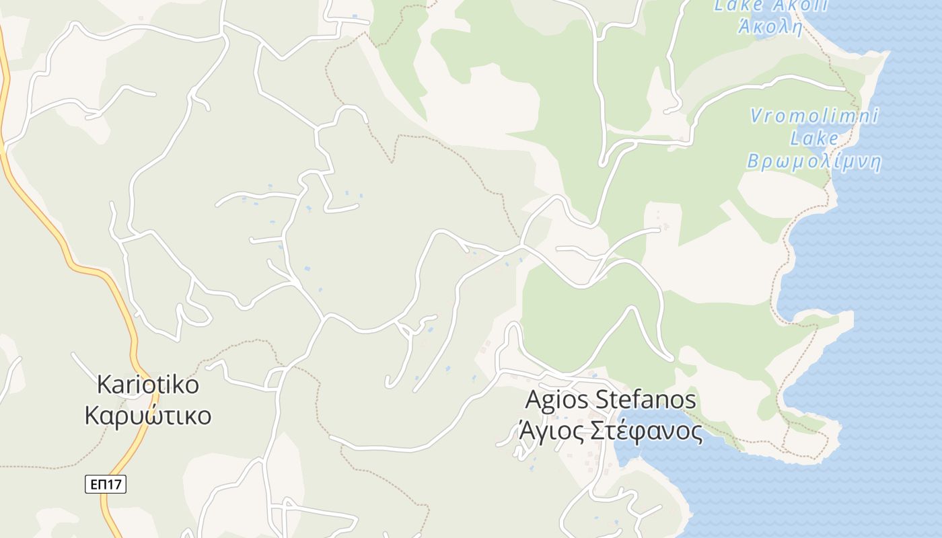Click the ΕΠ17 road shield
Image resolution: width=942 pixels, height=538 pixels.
pyautogui.click(x=106, y=484)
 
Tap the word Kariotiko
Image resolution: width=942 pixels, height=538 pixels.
pyautogui.click(x=148, y=385)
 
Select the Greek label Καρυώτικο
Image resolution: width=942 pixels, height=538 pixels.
pyautogui.click(x=148, y=416)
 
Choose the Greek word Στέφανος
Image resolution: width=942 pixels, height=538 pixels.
pyautogui.click(x=647, y=431)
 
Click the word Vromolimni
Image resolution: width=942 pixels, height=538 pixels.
pyautogui.click(x=814, y=116)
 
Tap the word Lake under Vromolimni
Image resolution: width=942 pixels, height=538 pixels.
pyautogui.click(x=814, y=139)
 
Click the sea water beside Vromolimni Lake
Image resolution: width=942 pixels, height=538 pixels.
pyautogui.click(x=895, y=202)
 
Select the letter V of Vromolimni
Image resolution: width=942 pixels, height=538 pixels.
pyautogui.click(x=756, y=116)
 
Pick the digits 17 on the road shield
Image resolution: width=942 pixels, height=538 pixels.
pyautogui.click(x=116, y=484)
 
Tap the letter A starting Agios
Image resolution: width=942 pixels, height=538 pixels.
pyautogui.click(x=532, y=399)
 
